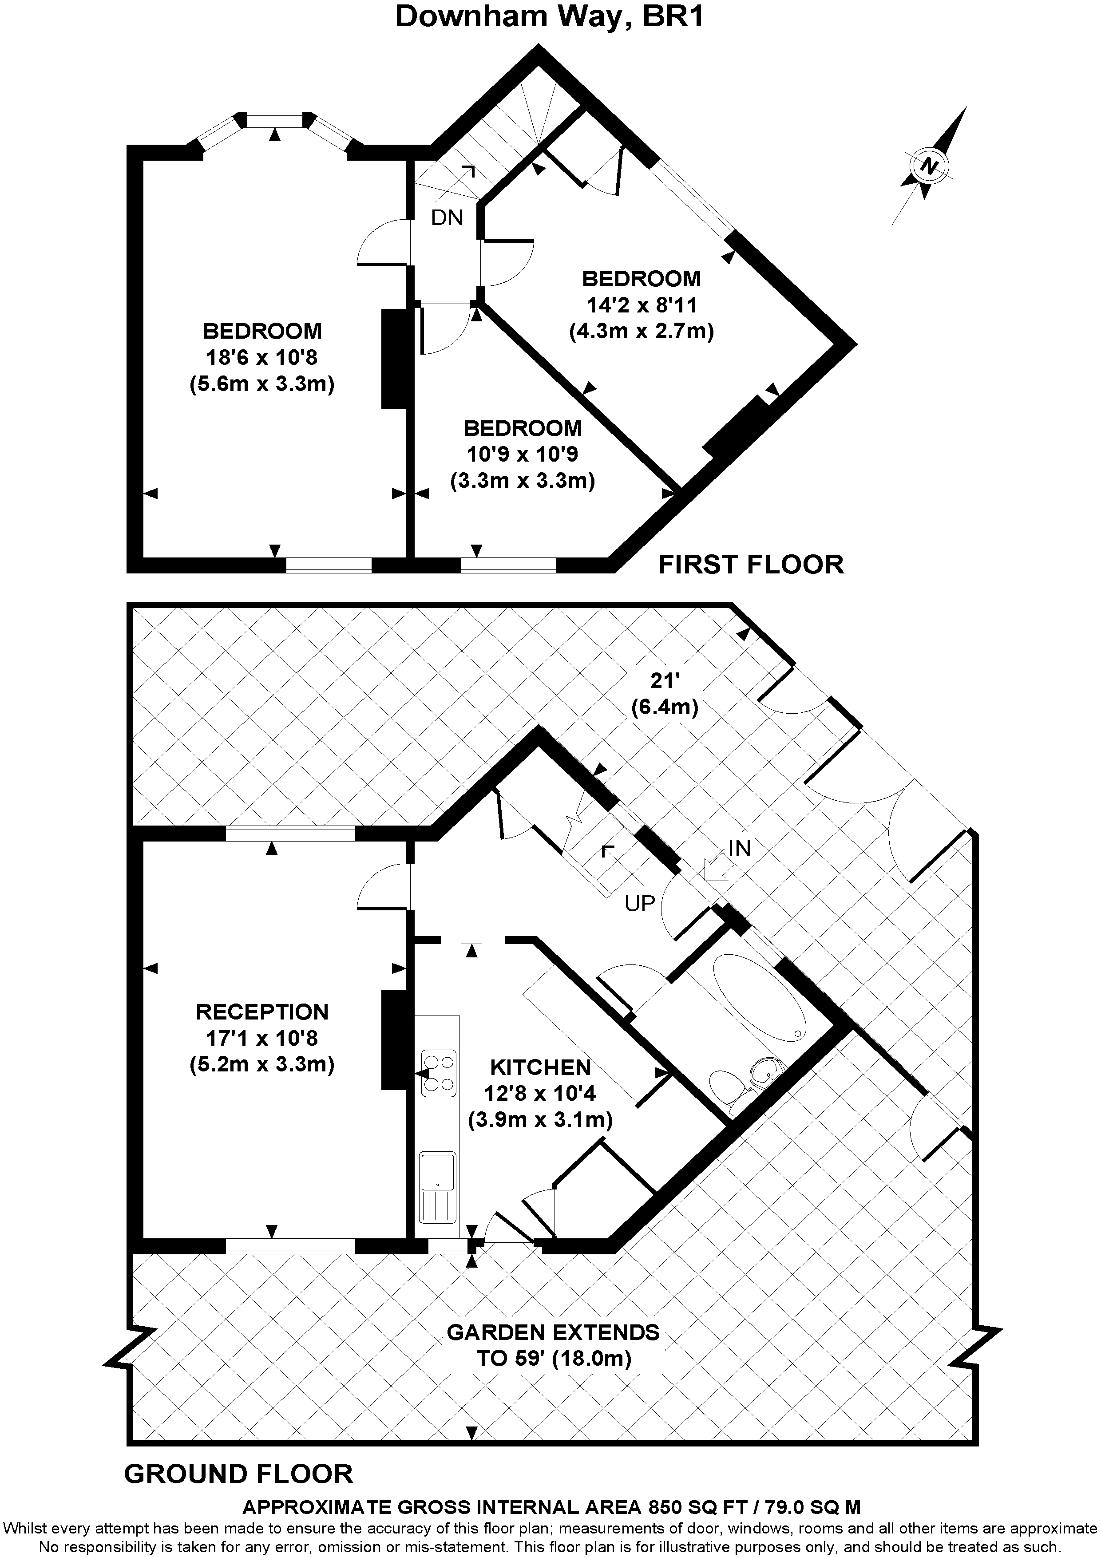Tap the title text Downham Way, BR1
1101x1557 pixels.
(x=550, y=16)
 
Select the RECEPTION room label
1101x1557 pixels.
(x=262, y=1012)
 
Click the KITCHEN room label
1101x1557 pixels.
(x=541, y=1067)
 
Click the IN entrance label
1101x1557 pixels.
(x=740, y=848)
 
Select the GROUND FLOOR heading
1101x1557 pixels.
(x=239, y=1474)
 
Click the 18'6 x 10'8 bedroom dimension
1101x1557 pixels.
(x=262, y=357)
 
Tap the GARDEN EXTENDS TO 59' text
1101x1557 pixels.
(x=553, y=1345)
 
